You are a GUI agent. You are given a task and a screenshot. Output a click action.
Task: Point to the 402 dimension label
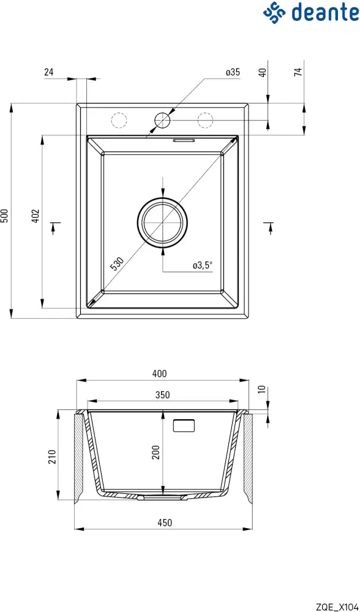[36, 216]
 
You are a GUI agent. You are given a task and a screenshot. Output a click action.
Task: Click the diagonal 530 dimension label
[117, 264]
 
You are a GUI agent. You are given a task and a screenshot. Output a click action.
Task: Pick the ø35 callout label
[232, 72]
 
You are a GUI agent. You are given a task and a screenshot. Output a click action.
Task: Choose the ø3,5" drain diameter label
[202, 266]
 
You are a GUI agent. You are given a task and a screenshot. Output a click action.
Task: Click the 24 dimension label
[49, 72]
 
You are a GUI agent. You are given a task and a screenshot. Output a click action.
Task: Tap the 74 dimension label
[298, 72]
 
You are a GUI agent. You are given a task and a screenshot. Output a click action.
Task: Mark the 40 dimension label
[263, 72]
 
